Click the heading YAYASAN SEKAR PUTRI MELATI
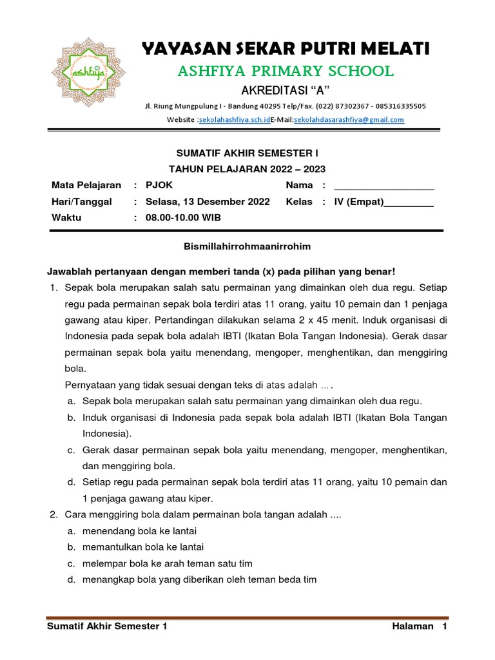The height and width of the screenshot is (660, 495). (x=286, y=48)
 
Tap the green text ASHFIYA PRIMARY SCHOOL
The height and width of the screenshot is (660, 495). (x=286, y=71)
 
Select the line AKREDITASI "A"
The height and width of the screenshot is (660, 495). (x=285, y=89)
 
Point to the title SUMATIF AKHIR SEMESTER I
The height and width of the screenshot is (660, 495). (x=247, y=153)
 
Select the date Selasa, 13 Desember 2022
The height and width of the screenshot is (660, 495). (x=208, y=202)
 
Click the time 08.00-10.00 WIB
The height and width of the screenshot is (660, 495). (x=183, y=218)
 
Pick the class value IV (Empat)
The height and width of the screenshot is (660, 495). (x=358, y=202)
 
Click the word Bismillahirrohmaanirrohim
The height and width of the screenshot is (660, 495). (x=247, y=246)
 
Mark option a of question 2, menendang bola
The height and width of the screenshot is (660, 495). (x=139, y=530)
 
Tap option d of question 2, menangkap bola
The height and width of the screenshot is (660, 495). (x=199, y=579)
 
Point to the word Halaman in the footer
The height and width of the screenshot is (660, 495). (x=412, y=626)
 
